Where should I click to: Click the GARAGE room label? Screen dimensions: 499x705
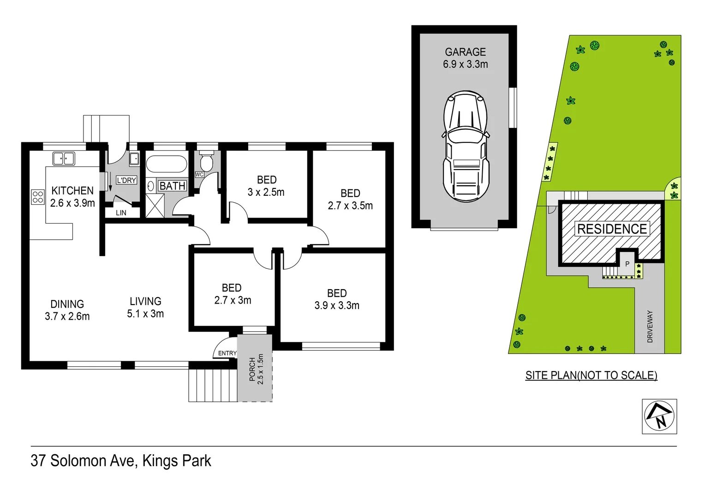click(465, 52)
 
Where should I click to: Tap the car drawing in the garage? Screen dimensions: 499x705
click(466, 146)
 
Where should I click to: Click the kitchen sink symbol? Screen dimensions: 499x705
click(64, 158)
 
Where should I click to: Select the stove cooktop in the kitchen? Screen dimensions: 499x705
click(38, 197)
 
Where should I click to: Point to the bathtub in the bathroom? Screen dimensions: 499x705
click(166, 164)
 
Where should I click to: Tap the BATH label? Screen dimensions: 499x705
click(172, 186)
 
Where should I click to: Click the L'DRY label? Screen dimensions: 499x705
click(126, 180)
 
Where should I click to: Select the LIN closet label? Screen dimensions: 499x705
click(121, 213)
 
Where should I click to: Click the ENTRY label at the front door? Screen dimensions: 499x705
click(227, 353)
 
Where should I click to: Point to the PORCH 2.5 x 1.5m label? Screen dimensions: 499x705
click(256, 369)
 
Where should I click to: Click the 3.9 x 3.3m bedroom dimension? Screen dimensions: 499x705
click(337, 305)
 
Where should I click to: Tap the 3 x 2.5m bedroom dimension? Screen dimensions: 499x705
click(266, 192)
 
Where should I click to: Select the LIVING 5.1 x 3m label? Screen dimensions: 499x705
click(145, 307)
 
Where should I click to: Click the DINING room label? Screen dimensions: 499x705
click(67, 304)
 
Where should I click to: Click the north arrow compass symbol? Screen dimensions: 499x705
click(659, 416)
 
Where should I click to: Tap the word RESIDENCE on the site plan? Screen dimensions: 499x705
click(612, 229)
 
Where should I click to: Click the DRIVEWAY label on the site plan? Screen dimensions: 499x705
click(650, 326)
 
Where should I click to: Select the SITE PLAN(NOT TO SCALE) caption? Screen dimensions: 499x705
click(591, 375)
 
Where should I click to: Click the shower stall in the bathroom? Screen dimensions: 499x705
click(155, 206)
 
